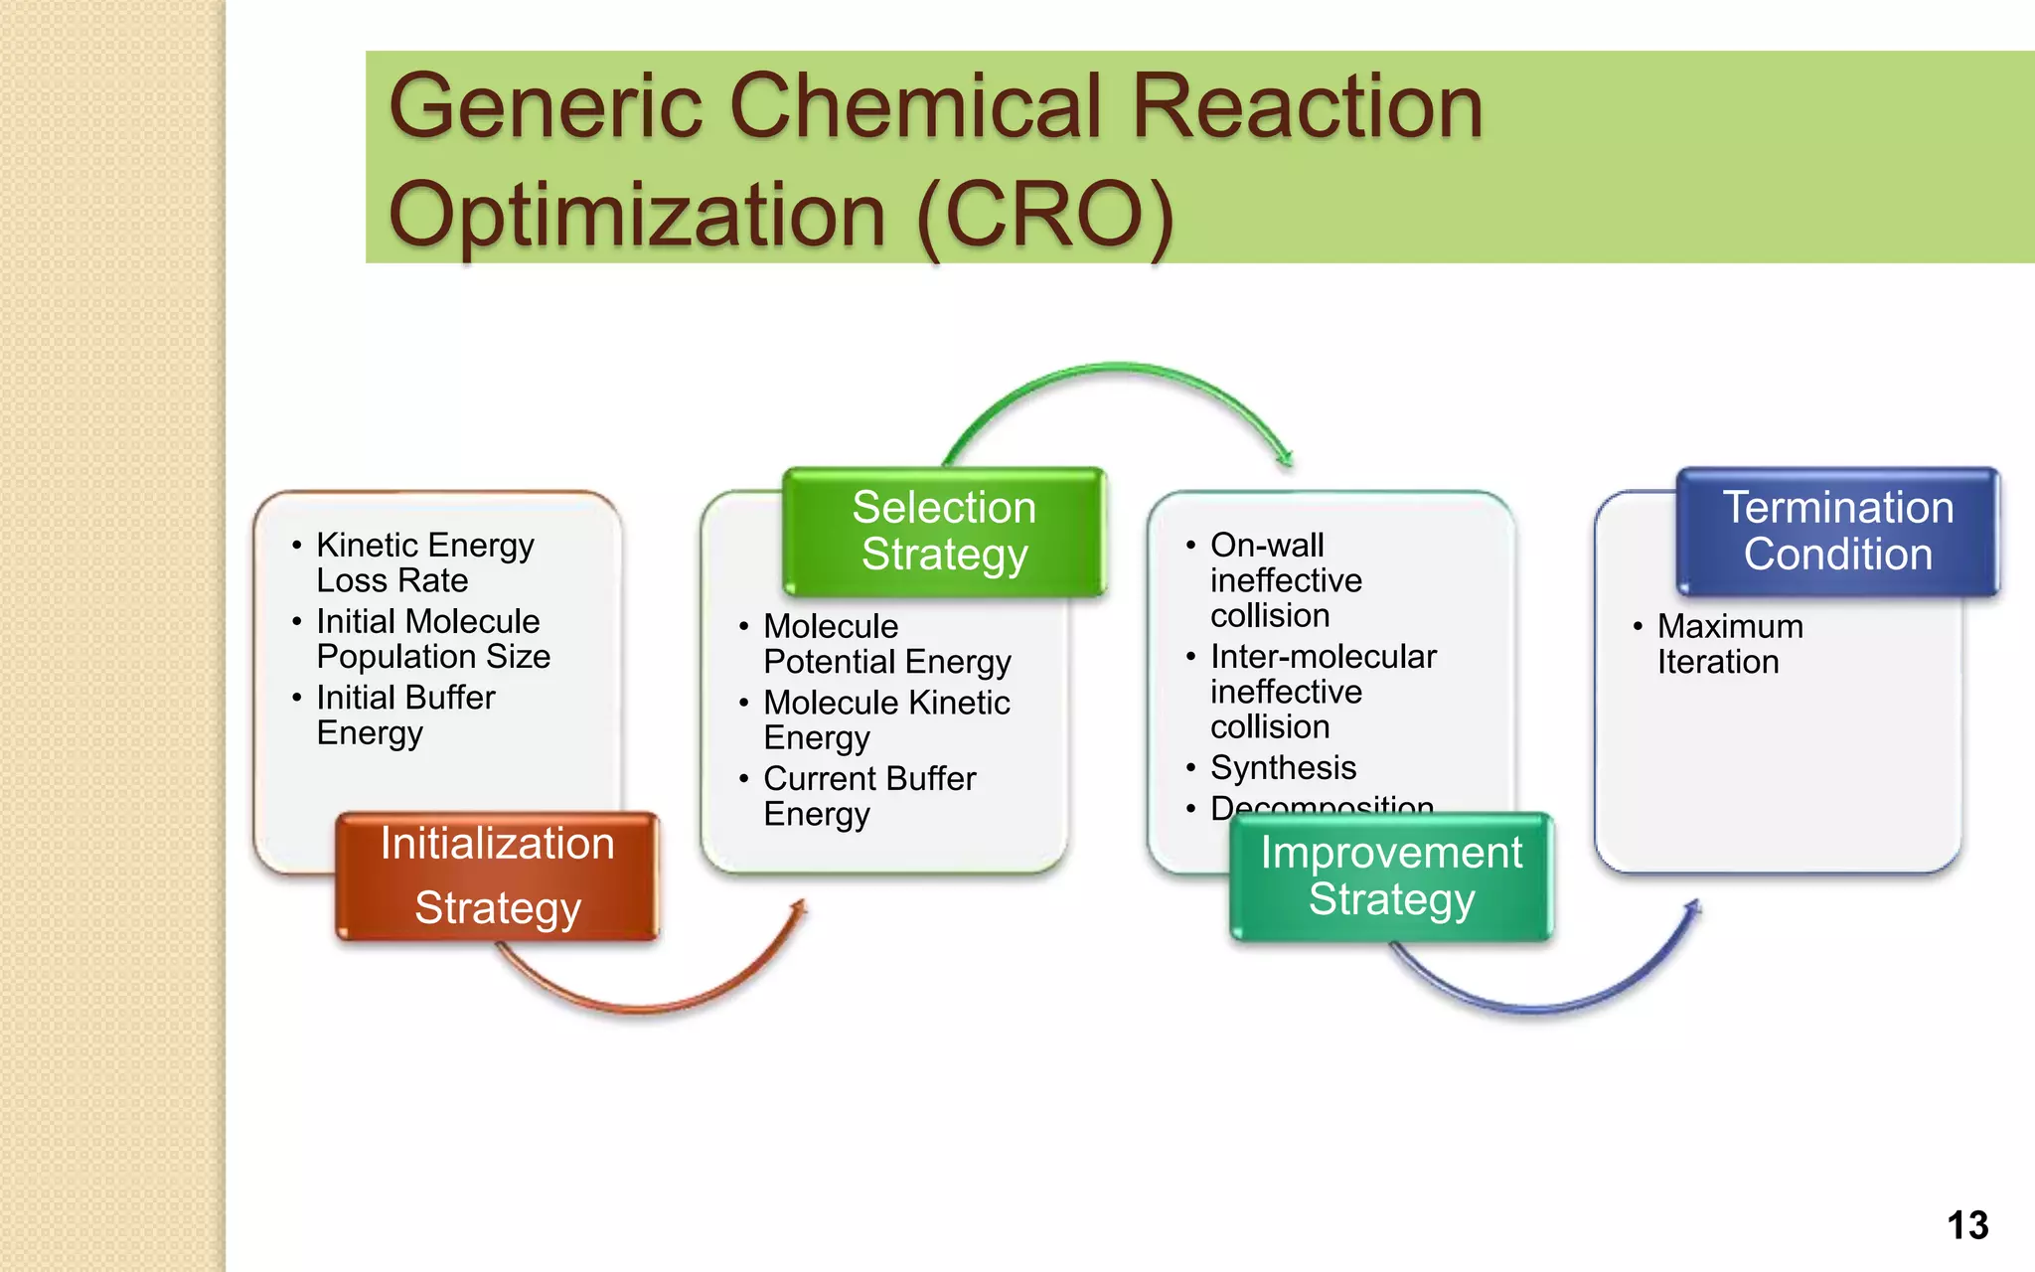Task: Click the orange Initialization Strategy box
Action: pos(497,875)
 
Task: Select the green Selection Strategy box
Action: pos(944,531)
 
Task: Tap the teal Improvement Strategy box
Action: pos(1391,875)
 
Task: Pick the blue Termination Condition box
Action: pos(1837,531)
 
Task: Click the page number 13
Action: pos(1966,1225)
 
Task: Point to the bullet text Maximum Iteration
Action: pos(1729,644)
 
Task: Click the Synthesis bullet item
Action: pos(1283,767)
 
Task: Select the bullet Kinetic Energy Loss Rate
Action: pos(424,562)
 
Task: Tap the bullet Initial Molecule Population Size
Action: pos(432,639)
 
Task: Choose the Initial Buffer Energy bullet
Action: pos(404,715)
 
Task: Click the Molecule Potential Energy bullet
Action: pos(886,644)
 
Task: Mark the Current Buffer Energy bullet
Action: pos(868,795)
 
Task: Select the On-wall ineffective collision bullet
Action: pos(1285,580)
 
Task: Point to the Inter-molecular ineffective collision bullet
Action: pos(1322,692)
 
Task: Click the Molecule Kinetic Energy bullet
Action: pos(886,719)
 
